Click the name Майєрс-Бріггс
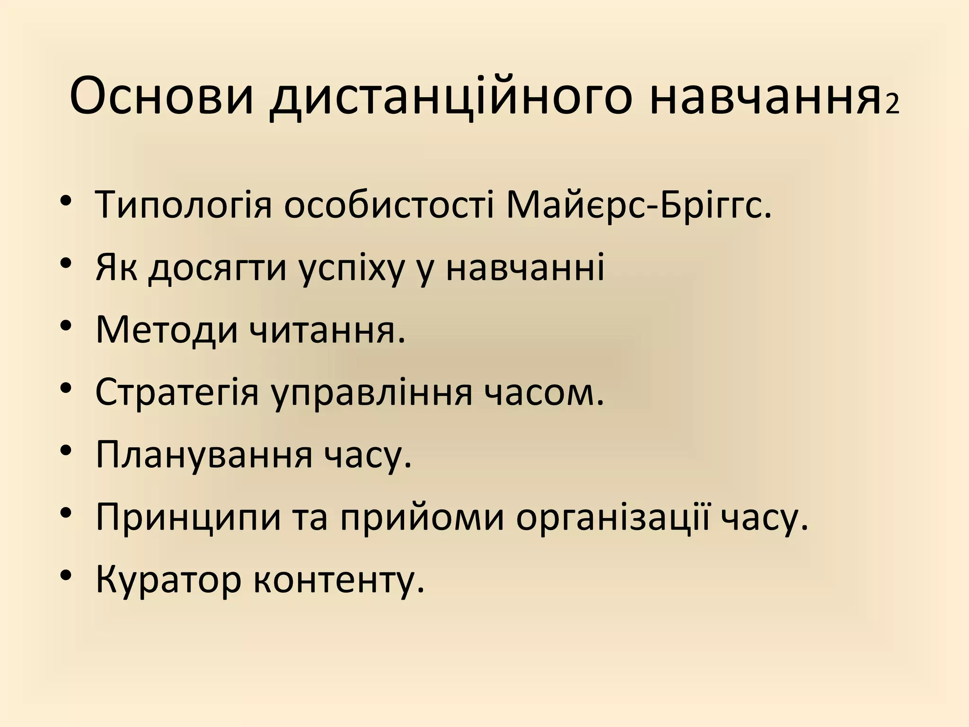(x=638, y=205)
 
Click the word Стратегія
(x=177, y=392)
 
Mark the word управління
(x=372, y=392)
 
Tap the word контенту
(x=339, y=580)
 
